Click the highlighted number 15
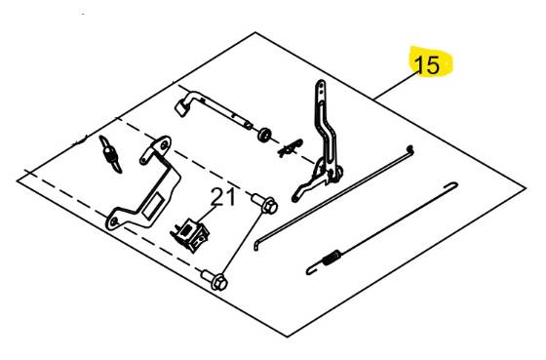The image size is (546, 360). coord(428,65)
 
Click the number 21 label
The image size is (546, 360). coord(224,198)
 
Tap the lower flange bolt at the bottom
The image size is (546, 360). coord(216,281)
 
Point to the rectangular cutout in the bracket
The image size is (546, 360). coord(152,204)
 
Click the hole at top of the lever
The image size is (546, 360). coord(321,89)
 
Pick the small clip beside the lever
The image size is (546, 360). coord(287,149)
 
